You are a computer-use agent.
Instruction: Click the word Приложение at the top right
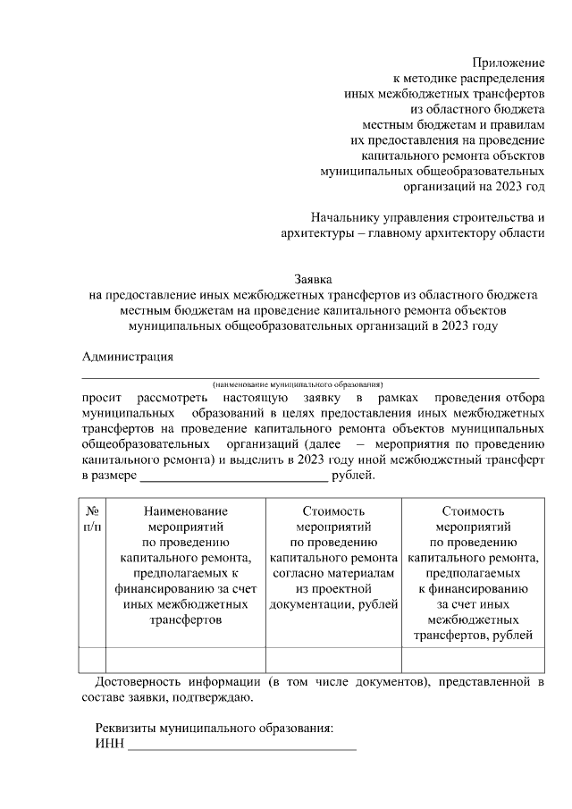point(509,63)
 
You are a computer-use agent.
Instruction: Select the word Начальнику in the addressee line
point(344,216)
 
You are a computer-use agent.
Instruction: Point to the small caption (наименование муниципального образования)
point(298,383)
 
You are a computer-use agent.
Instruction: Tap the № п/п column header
point(93,518)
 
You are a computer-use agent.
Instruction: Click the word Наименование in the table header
point(185,511)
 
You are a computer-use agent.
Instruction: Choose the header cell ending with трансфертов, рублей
point(473,572)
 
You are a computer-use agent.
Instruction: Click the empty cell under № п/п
point(93,659)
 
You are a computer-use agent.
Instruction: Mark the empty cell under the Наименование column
point(185,659)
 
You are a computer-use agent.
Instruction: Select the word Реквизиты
point(130,728)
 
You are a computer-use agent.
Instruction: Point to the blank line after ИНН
point(241,746)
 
